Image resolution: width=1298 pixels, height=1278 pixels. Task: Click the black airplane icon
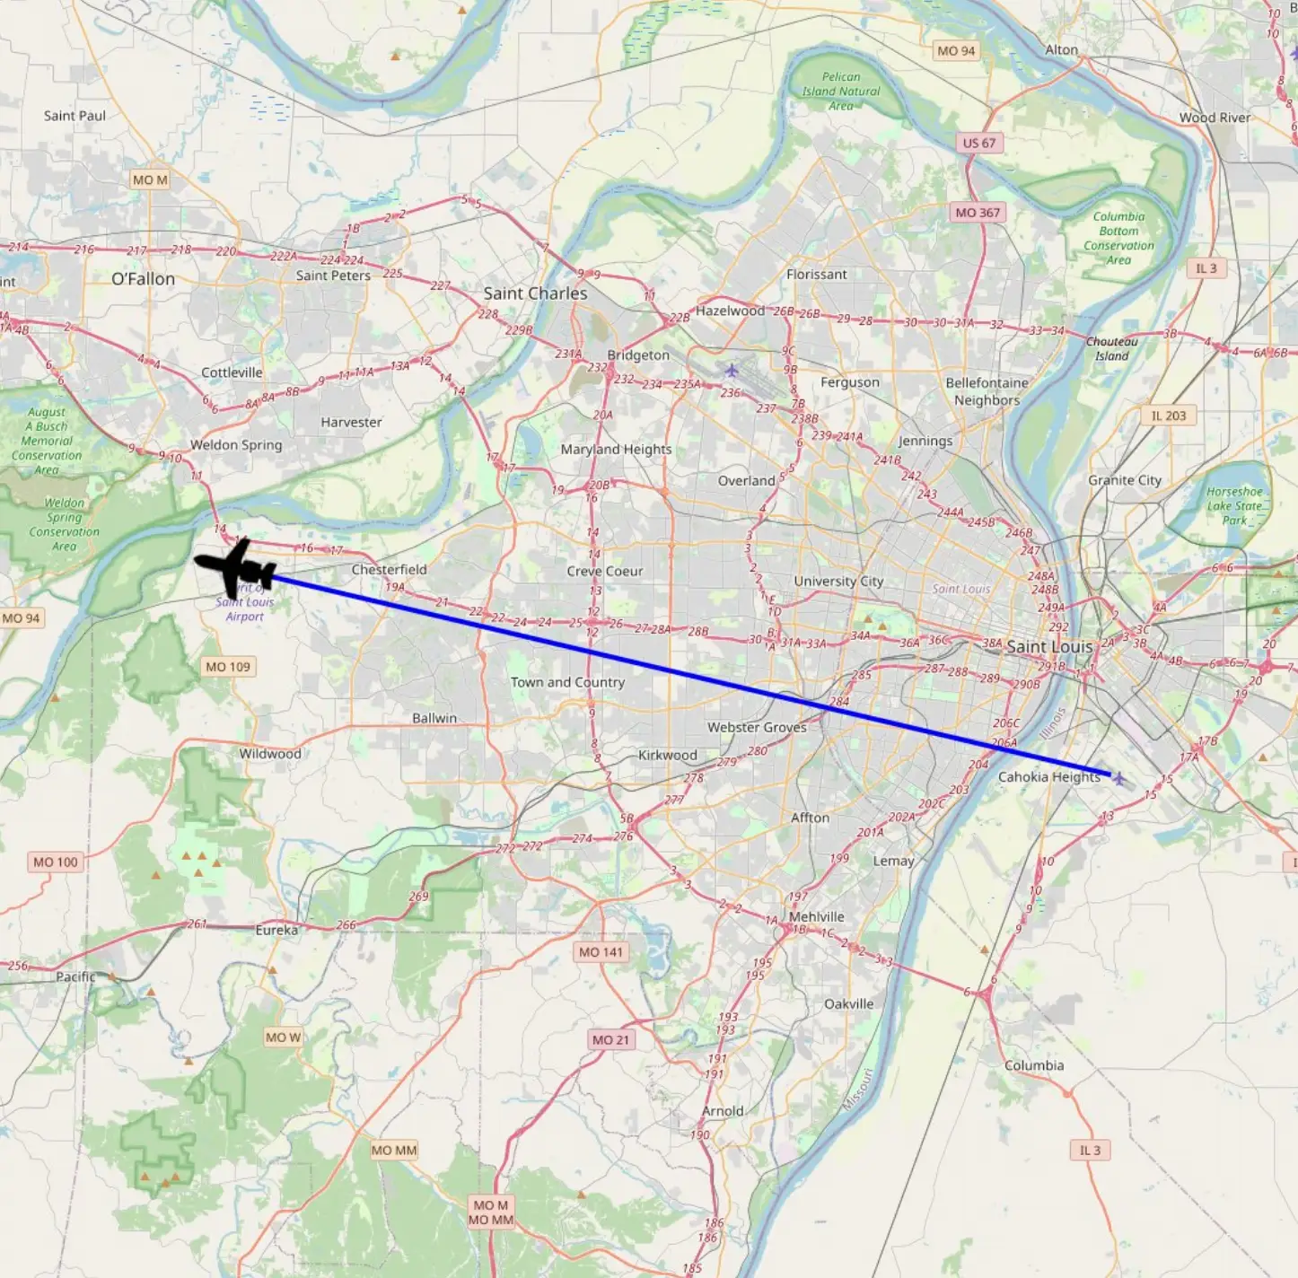point(236,568)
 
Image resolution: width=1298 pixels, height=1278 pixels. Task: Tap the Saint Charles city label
point(535,293)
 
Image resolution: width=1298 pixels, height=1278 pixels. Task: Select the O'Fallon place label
point(143,279)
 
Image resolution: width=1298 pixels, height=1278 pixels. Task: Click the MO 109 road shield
point(228,667)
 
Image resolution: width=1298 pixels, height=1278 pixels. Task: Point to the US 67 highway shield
point(978,143)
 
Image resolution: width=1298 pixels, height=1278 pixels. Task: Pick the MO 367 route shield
point(978,213)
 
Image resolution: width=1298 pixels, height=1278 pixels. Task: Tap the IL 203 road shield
point(1169,416)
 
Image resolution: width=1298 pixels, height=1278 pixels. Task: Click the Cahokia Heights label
point(1048,777)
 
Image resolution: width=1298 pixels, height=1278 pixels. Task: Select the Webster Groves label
point(757,728)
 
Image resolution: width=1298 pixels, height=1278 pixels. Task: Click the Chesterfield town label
point(389,570)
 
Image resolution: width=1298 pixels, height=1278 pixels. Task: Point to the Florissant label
point(816,275)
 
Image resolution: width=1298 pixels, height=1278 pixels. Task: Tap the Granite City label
point(1124,480)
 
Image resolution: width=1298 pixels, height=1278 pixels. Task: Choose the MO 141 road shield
point(601,952)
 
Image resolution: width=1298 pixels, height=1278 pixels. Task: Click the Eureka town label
point(276,930)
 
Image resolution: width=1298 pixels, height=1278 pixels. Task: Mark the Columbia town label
point(1034,1065)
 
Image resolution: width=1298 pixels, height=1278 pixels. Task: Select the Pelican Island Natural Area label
point(841,92)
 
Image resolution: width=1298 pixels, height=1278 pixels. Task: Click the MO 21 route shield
point(611,1039)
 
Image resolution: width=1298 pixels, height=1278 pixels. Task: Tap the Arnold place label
point(723,1111)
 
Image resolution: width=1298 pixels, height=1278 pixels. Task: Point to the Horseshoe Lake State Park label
point(1234,505)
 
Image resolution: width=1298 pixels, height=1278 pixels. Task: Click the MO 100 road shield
point(56,862)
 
